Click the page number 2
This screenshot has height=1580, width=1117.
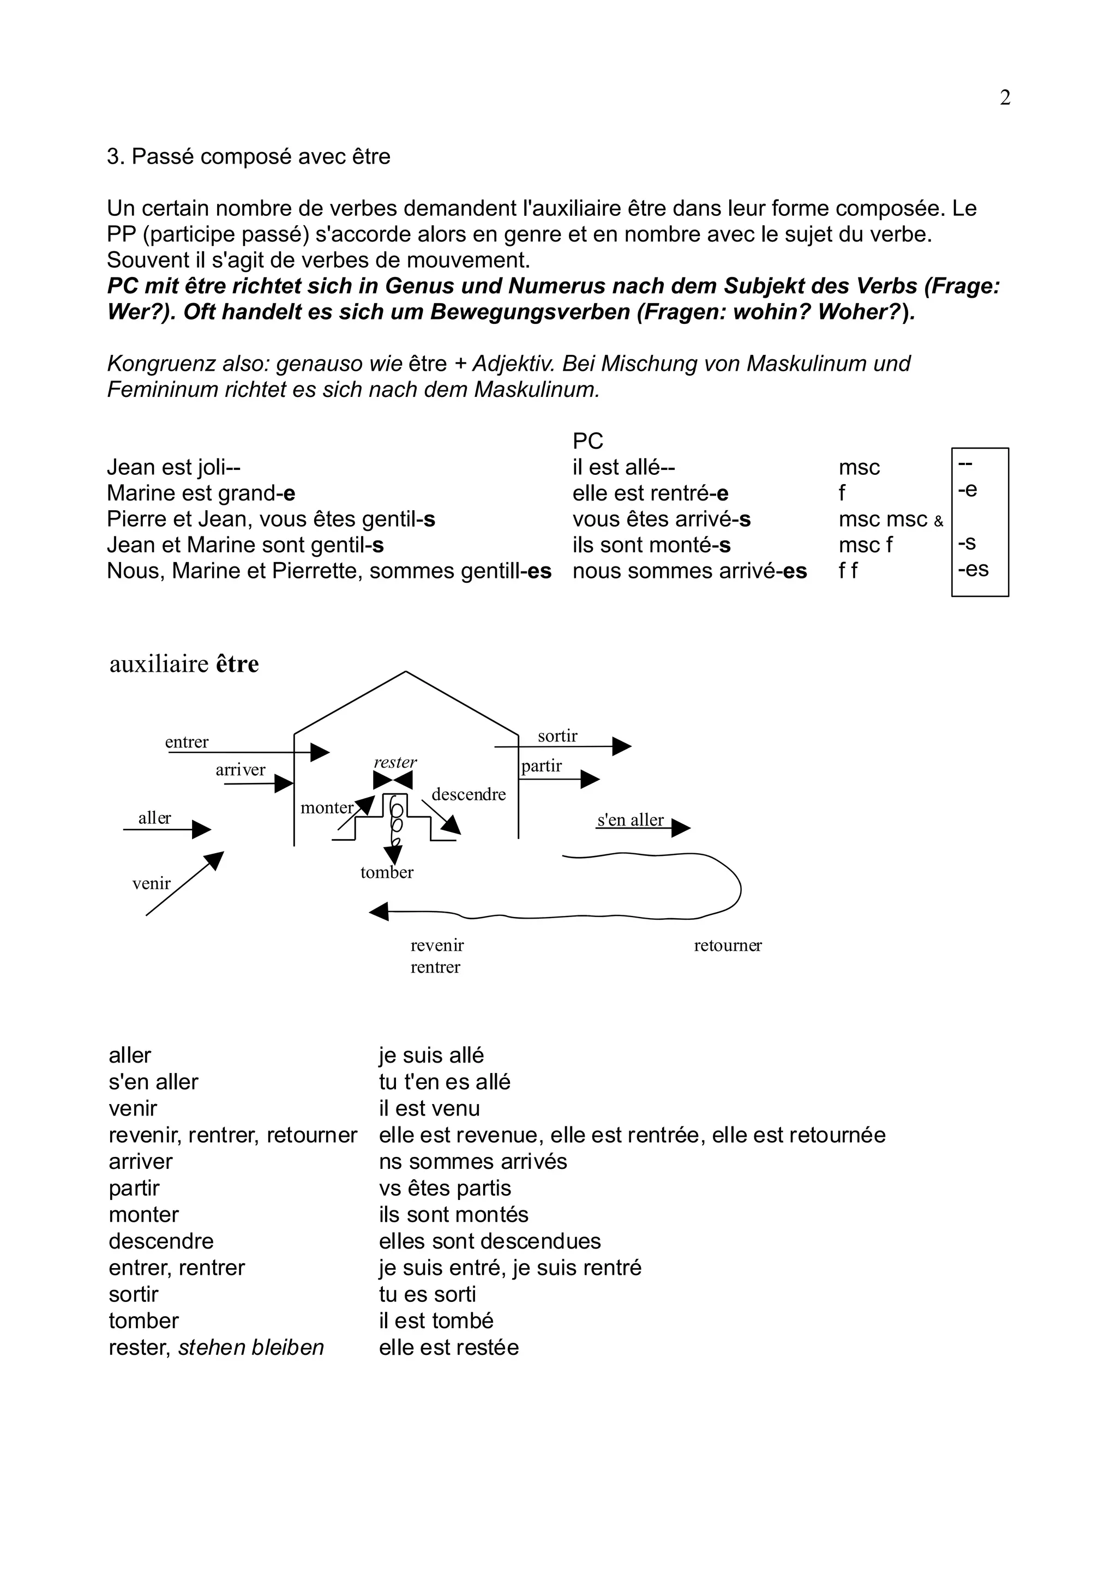coord(1005,98)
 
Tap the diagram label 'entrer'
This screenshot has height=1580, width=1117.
coord(187,742)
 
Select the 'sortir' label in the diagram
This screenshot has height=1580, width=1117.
coord(557,735)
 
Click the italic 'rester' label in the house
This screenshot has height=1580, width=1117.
coord(395,763)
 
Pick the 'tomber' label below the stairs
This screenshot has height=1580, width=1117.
coord(387,872)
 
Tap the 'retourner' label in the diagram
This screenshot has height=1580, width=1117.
coord(728,945)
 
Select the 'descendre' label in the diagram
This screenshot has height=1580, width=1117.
coord(469,794)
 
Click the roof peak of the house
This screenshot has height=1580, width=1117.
coord(405,672)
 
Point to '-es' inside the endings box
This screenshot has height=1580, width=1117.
coord(973,569)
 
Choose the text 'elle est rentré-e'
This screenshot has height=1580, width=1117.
coord(650,493)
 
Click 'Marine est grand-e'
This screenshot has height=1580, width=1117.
coord(201,493)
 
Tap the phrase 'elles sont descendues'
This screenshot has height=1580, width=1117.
coord(490,1241)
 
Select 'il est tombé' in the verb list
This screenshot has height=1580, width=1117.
coord(436,1320)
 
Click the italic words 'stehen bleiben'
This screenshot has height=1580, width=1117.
coord(251,1347)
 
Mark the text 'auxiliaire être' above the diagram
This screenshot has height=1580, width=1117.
coord(184,664)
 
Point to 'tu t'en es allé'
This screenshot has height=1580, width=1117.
coord(445,1082)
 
